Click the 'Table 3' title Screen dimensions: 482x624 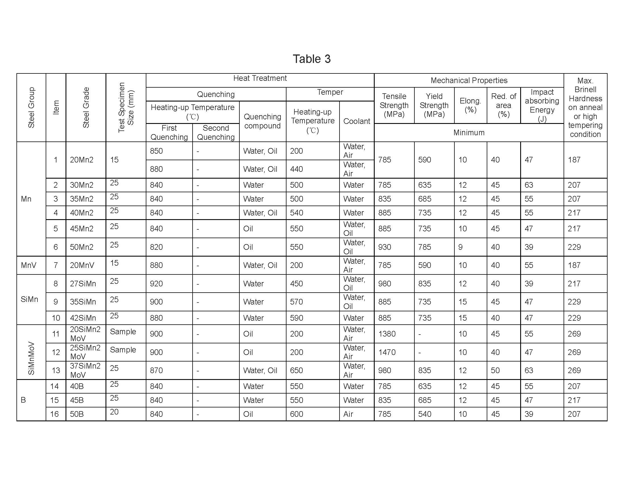pos(312,59)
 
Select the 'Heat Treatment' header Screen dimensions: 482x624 pos(260,78)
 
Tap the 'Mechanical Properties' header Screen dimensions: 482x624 pos(469,81)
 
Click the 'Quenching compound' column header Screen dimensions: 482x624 pos(262,121)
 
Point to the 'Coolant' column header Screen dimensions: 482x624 pos(357,121)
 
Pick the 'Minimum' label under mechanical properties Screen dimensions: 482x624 pos(469,132)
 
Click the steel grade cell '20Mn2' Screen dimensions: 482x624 pos(82,160)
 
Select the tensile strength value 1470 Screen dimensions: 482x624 pos(387,352)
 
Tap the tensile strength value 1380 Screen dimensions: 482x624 pos(387,334)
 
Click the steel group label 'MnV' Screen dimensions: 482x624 pos(29,265)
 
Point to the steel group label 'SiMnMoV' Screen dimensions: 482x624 pos(31,358)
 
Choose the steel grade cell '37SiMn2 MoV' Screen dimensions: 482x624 pos(85,370)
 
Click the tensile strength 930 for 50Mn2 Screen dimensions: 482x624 pos(385,247)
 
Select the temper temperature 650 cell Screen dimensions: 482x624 pos(296,370)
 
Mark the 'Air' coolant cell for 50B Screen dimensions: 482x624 pos(348,414)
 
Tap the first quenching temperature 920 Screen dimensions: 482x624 pos(156,284)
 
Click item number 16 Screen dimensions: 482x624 pos(54,414)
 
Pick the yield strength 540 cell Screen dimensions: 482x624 pos(425,414)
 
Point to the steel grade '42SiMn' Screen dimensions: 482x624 pos(83,318)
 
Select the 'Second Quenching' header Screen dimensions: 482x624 pos(216,132)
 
